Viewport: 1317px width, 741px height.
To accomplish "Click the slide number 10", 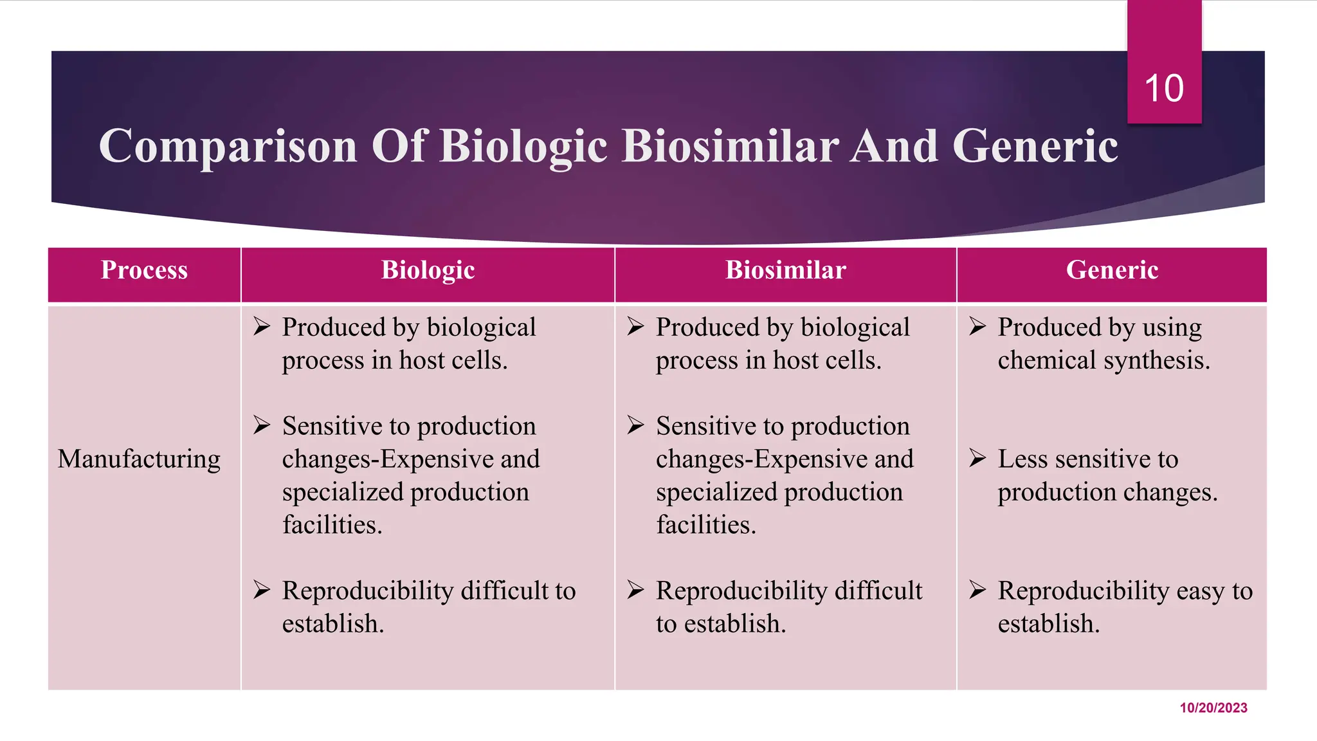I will [1164, 88].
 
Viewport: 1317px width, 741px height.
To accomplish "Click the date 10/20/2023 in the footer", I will [1213, 708].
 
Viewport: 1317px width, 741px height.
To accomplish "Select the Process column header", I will [144, 270].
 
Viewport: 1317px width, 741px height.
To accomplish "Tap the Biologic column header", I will [428, 270].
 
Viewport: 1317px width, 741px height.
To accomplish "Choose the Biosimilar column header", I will [785, 270].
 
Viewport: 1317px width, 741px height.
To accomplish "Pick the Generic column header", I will [1112, 270].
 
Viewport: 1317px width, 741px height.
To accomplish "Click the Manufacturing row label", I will [139, 459].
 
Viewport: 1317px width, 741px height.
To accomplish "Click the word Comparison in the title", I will [228, 147].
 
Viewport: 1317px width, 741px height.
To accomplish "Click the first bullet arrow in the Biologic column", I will [261, 326].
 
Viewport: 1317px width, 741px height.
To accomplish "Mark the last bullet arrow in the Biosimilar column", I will [635, 589].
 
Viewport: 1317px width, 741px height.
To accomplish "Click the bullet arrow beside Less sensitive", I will [977, 458].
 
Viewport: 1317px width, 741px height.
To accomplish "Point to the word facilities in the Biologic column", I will [332, 525].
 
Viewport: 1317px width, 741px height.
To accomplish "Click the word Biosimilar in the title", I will [730, 147].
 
